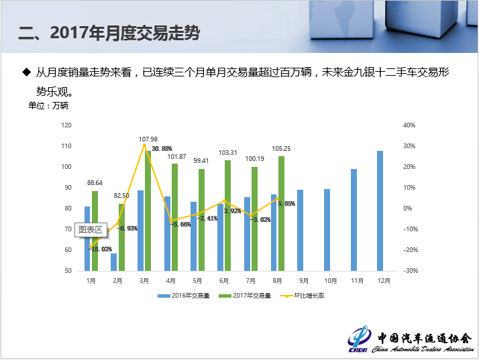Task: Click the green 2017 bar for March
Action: click(x=148, y=211)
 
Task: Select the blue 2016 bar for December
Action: click(x=380, y=211)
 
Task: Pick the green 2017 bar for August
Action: click(x=281, y=213)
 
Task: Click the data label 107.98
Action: click(x=148, y=139)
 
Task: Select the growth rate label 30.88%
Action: click(x=162, y=148)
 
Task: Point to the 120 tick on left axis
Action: click(x=66, y=125)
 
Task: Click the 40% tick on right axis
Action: click(x=409, y=125)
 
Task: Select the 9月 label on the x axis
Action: click(x=303, y=281)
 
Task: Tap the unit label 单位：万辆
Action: click(x=48, y=105)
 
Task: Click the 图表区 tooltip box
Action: click(x=90, y=229)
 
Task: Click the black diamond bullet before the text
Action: click(x=27, y=71)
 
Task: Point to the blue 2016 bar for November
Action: click(x=354, y=220)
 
